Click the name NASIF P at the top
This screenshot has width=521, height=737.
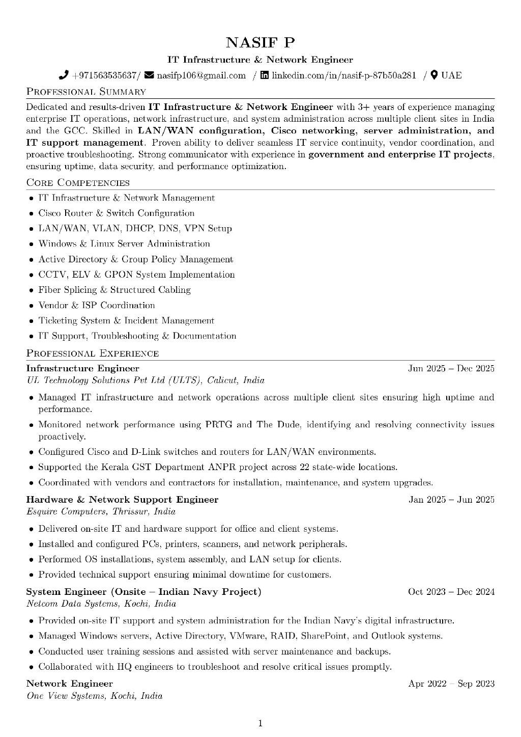(260, 42)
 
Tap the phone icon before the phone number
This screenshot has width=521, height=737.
(64, 75)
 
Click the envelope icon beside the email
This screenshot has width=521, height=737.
(149, 75)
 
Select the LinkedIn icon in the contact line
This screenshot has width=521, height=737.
(265, 75)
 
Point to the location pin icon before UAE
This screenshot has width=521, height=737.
(434, 75)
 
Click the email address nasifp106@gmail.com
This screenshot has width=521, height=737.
(201, 75)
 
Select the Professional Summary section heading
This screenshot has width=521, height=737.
(86, 92)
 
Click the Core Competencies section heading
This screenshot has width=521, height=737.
(78, 182)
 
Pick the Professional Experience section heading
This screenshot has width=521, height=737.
(92, 353)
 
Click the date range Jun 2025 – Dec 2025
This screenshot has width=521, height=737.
(451, 368)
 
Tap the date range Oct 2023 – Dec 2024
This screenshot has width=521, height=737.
(451, 591)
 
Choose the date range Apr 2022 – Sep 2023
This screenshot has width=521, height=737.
(451, 684)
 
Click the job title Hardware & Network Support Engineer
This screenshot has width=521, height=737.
(122, 500)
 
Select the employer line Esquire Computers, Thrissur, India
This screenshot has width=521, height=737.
(101, 511)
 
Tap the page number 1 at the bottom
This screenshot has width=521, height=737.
(260, 723)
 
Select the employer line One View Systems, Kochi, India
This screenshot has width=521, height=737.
(94, 695)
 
